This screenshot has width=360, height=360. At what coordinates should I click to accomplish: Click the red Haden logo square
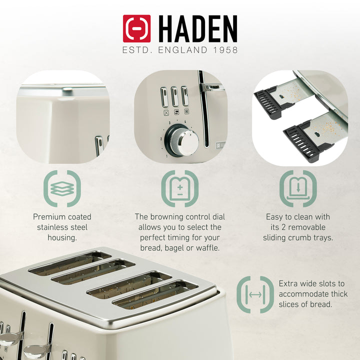coord(136,28)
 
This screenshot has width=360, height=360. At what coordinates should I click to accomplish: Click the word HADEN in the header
coord(198,29)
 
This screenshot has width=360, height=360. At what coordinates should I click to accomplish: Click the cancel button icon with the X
coord(166,112)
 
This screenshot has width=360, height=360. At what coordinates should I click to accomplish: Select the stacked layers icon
coord(62,188)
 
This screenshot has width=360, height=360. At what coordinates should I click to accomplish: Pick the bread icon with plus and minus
coord(180,188)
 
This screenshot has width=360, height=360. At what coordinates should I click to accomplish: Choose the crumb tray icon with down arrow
coord(298,188)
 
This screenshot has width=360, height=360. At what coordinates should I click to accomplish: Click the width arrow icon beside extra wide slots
coord(255,295)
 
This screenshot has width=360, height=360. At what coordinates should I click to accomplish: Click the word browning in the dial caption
coord(165,216)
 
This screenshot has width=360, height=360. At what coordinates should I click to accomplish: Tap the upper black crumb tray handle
coord(266,102)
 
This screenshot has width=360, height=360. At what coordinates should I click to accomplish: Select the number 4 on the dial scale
coord(185,121)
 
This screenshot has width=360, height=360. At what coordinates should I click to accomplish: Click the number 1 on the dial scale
coord(166,156)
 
